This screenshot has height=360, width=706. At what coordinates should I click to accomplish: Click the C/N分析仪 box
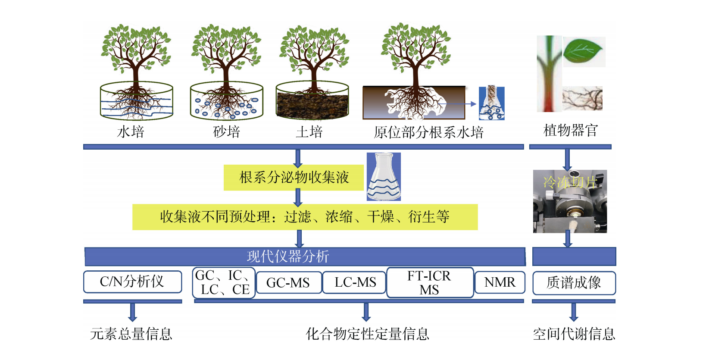point(132,282)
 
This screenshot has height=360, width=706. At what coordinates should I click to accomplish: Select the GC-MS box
point(288,283)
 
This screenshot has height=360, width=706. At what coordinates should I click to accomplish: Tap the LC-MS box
point(355,282)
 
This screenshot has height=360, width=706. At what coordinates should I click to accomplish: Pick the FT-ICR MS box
point(430,283)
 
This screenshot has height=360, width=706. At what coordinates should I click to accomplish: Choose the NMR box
point(500,282)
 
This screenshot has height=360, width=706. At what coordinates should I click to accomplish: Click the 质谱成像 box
point(574,283)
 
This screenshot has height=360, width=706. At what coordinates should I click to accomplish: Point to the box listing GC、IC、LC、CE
point(223,283)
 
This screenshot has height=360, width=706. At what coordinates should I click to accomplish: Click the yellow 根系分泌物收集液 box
point(294,177)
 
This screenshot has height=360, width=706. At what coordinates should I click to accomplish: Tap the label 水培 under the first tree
point(131,131)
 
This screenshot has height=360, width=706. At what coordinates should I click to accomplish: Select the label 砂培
point(227,131)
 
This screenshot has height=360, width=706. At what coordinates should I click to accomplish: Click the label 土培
point(309,131)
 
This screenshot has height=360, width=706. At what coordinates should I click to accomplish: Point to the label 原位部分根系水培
point(428,132)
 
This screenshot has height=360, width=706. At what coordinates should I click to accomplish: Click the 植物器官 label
point(571,130)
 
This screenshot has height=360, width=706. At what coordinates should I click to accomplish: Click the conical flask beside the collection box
point(383,177)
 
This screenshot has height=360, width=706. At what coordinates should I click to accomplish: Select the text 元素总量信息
point(131,334)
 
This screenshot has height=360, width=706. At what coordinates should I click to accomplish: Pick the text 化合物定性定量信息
point(367,334)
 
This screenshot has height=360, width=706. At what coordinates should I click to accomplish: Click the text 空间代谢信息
point(574,334)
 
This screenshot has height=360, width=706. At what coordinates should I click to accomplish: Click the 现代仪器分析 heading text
point(288,257)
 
